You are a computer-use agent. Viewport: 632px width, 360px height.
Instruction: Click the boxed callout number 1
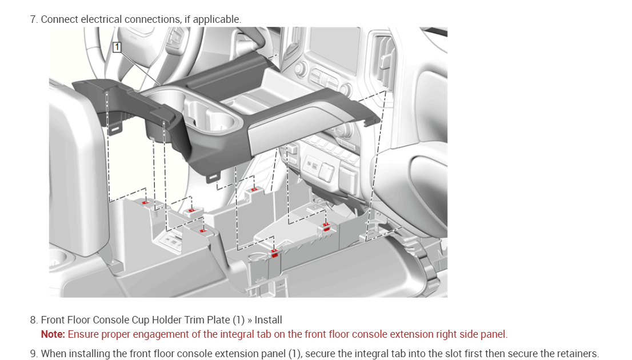click(x=117, y=47)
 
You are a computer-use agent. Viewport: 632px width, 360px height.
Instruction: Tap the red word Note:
click(x=53, y=334)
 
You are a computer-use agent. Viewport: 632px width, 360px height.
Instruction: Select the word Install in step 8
click(x=268, y=320)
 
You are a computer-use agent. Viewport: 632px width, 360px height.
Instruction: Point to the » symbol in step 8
click(x=250, y=320)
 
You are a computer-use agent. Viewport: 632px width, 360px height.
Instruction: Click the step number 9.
click(x=33, y=354)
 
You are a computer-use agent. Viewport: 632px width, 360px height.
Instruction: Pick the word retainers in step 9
click(x=576, y=354)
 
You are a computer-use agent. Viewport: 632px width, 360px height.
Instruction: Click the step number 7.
click(x=33, y=19)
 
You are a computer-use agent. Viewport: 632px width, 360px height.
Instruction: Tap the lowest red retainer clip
click(x=275, y=253)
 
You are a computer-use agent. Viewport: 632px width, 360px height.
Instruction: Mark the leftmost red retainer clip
click(x=146, y=202)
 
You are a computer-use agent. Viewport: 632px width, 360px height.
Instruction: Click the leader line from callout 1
click(x=137, y=67)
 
